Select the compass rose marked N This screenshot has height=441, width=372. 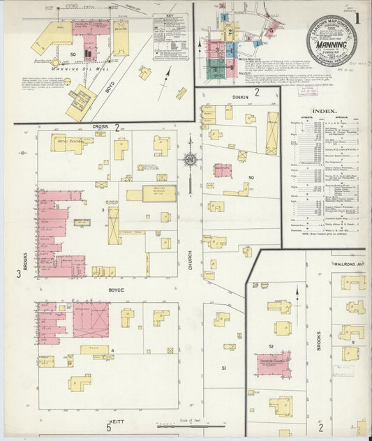(x=189, y=159)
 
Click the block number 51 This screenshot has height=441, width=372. (x=224, y=367)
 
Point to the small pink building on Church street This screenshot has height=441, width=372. (x=223, y=170)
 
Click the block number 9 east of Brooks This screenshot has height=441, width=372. (x=354, y=343)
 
